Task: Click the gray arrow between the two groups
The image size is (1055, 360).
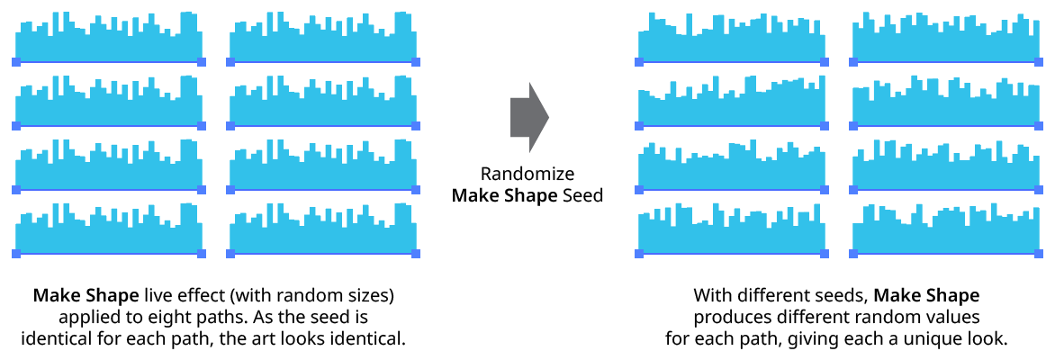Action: tap(528, 117)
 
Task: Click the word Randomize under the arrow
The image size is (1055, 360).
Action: tap(527, 174)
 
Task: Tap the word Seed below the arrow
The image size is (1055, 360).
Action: tap(582, 195)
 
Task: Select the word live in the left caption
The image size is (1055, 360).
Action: tap(155, 295)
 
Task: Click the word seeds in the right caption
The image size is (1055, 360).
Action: tap(842, 295)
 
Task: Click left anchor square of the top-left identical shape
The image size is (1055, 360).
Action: tap(16, 62)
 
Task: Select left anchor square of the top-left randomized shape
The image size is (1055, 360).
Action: tap(639, 62)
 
